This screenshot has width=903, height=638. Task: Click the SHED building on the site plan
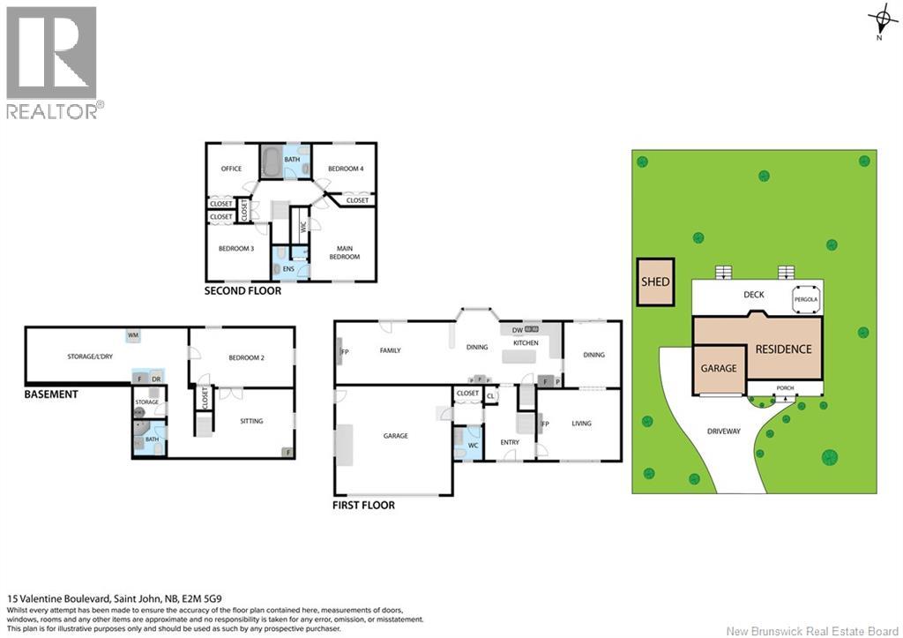pos(655,282)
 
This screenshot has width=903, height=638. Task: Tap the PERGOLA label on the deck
pos(806,300)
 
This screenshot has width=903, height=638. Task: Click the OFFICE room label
pos(231,169)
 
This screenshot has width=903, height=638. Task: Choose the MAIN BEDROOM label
pos(345,251)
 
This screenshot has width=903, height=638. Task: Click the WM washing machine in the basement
pos(133,335)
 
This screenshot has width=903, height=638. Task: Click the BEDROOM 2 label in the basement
pos(247,357)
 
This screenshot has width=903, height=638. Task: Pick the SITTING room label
pos(251,421)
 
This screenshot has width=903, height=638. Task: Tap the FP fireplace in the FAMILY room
pos(341,356)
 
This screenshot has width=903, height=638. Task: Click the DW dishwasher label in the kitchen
pos(518,330)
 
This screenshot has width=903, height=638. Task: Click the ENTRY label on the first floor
pos(510,441)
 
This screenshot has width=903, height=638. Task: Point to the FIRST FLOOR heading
pos(364,506)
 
